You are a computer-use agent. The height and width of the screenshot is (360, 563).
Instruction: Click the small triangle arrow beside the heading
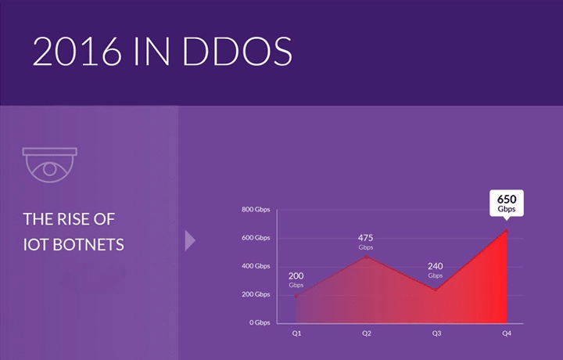[x=189, y=240]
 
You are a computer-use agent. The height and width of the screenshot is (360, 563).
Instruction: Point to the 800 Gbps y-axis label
[x=256, y=210]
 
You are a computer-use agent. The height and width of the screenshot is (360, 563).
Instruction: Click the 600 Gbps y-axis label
[x=256, y=238]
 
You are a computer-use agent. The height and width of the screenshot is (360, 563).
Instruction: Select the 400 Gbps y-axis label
[x=256, y=266]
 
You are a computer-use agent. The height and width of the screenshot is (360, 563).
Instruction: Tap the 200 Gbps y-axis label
[x=256, y=294]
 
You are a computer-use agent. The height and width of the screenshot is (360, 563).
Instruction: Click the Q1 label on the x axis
[x=296, y=333]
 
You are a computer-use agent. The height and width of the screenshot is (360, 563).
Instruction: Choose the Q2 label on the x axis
[x=366, y=333]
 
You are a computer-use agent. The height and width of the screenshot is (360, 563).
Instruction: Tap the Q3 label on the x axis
[x=436, y=333]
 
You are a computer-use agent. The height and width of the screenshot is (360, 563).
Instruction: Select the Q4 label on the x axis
[x=506, y=333]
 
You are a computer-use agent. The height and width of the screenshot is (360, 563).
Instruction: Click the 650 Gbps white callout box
[x=507, y=202]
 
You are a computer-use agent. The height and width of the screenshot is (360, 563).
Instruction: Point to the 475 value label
[x=366, y=238]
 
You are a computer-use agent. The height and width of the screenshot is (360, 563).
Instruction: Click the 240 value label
[x=436, y=266]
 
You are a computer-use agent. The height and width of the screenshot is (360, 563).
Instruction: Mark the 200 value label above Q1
[x=296, y=275]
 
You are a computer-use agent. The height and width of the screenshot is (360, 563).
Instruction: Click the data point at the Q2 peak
[x=366, y=256]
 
